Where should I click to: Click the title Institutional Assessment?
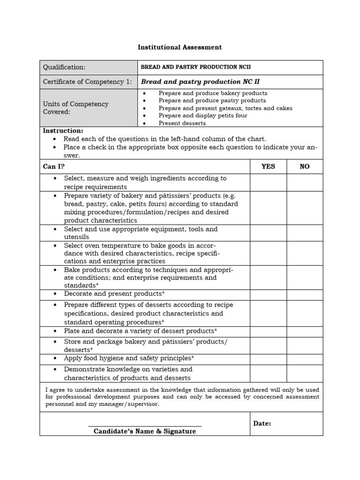pos(180,47)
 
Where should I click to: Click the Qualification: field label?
pos(64,67)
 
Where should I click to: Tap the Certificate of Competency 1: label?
pos(87,82)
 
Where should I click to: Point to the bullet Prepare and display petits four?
pos(203,116)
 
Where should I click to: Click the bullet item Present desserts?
pos(182,123)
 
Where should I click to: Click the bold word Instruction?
pos(63,131)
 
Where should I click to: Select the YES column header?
pos(268,166)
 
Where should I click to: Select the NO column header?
pos(305,166)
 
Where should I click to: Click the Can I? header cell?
pos(54,166)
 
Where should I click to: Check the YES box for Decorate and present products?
pos(268,295)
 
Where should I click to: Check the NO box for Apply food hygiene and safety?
pos(305,359)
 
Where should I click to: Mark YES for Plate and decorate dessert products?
pos(268,332)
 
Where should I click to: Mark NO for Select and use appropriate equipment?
pos(305,233)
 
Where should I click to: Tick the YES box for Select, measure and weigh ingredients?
pos(268,182)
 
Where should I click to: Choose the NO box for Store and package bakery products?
pos(305,345)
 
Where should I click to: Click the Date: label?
pos(262,423)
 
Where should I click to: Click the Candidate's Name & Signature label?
pos(145,431)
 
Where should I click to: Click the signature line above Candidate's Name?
pos(145,426)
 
